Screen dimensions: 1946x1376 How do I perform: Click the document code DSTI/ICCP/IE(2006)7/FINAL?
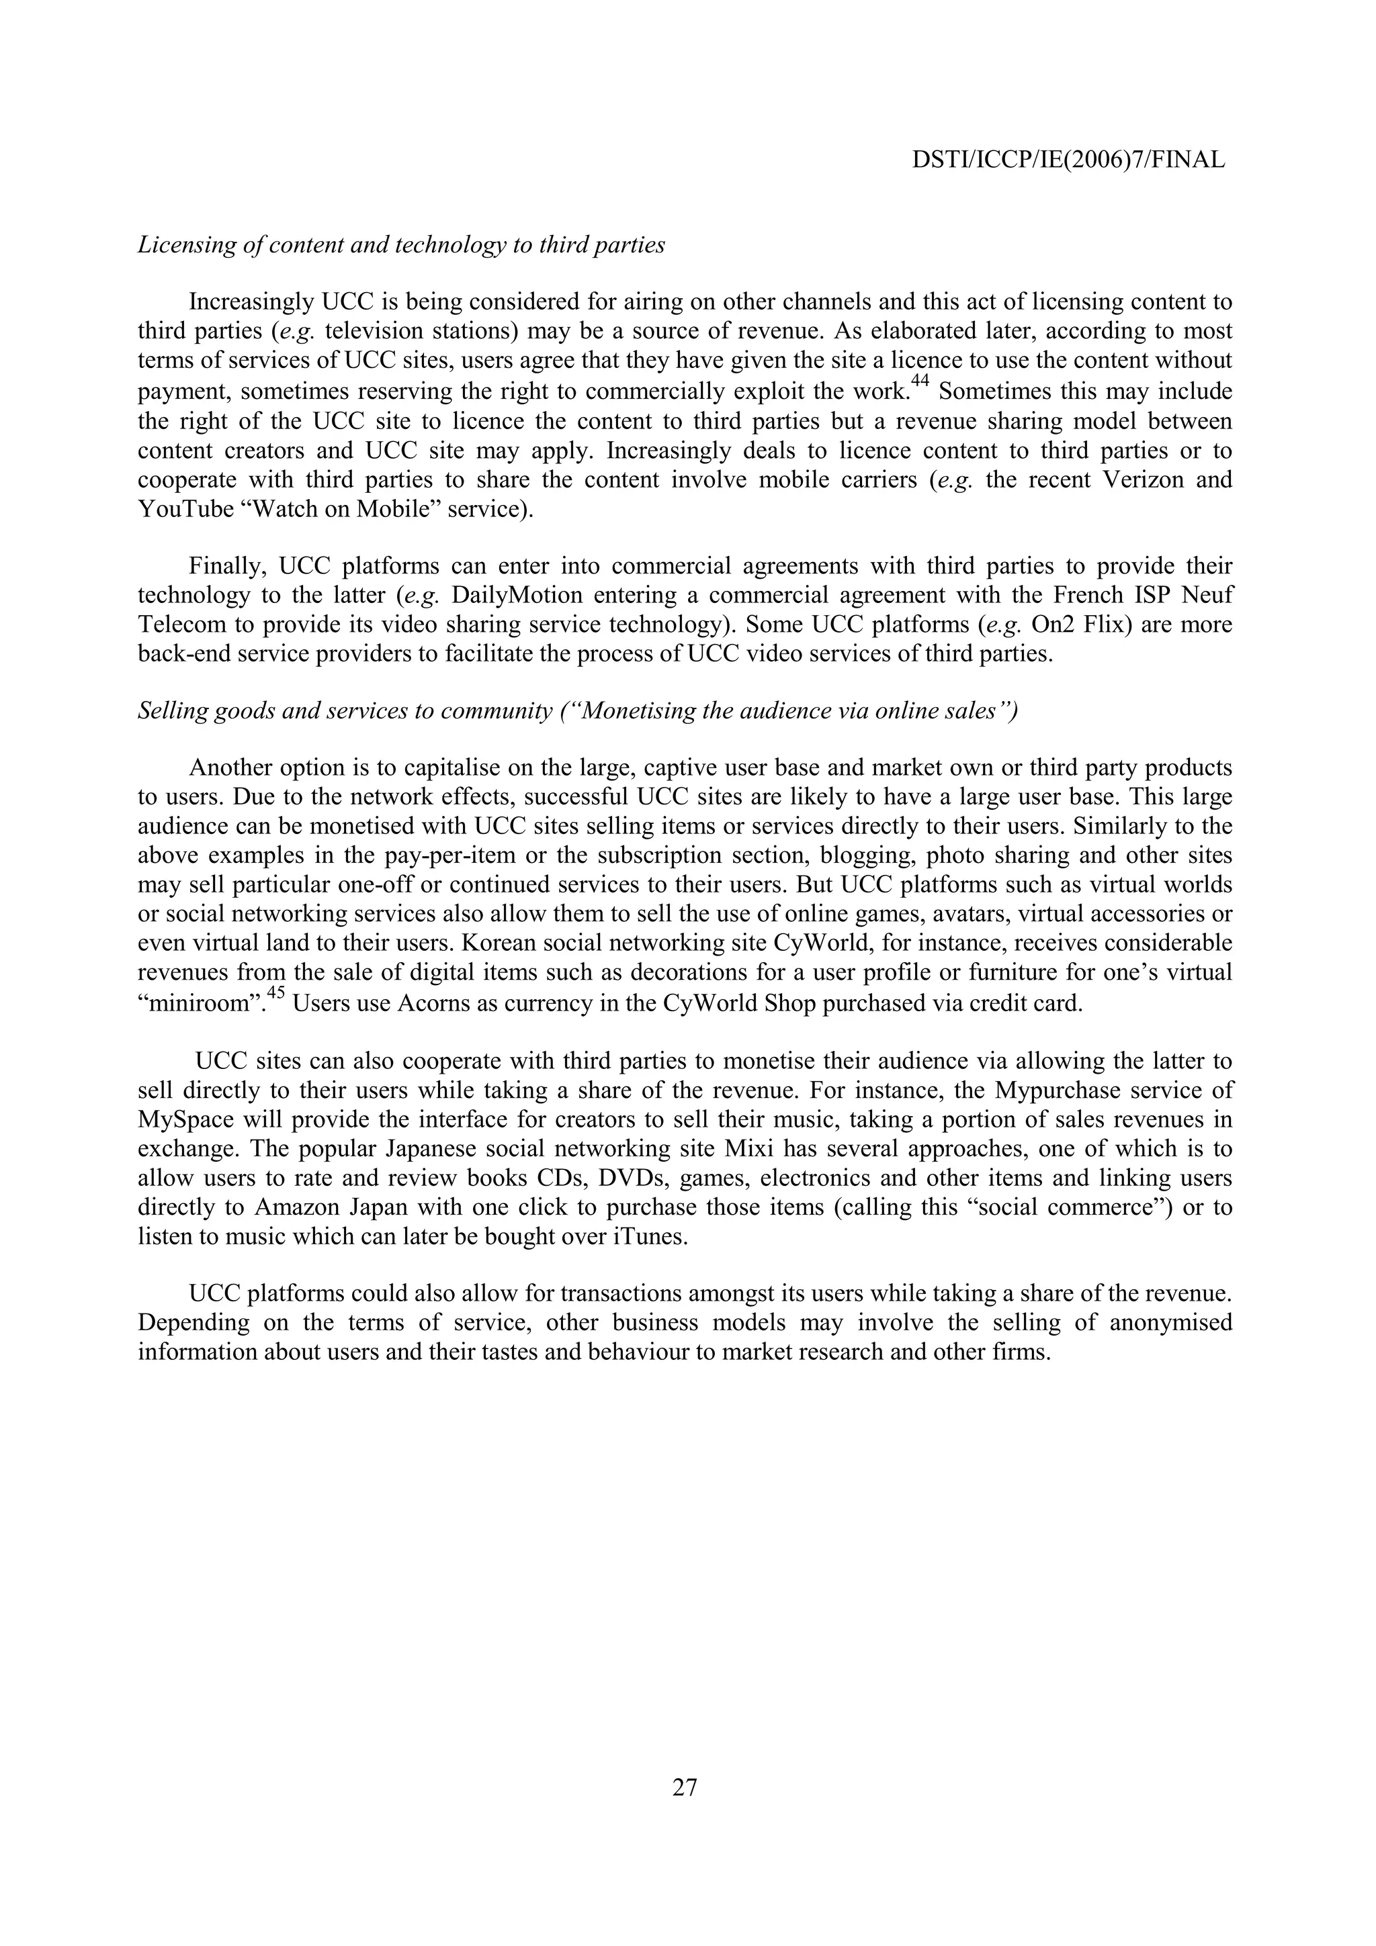1068,160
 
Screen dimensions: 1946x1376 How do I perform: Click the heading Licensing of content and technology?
401,246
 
